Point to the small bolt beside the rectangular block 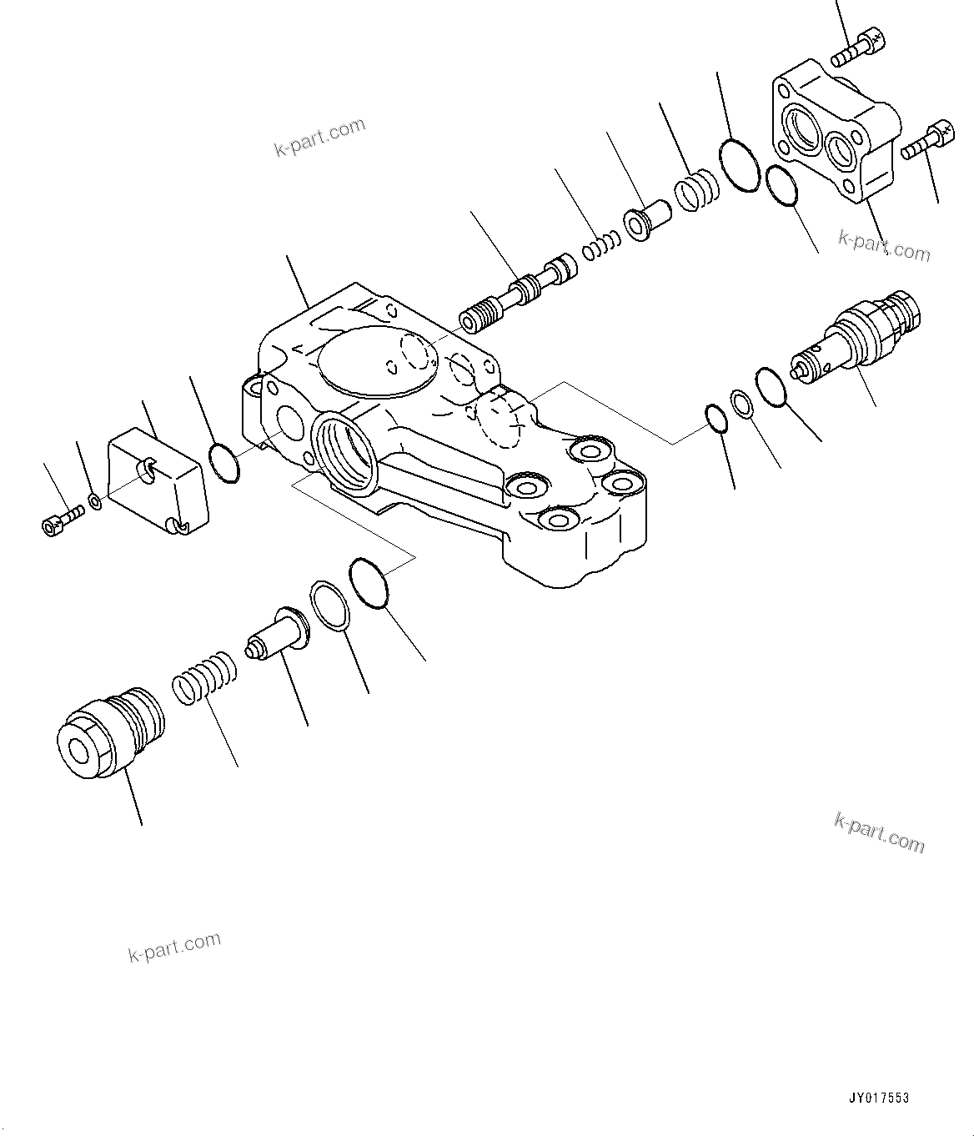click(x=61, y=519)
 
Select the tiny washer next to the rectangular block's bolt click(x=96, y=501)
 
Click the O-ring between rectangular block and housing click(x=223, y=462)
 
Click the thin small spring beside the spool click(x=601, y=244)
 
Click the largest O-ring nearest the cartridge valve click(x=771, y=387)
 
